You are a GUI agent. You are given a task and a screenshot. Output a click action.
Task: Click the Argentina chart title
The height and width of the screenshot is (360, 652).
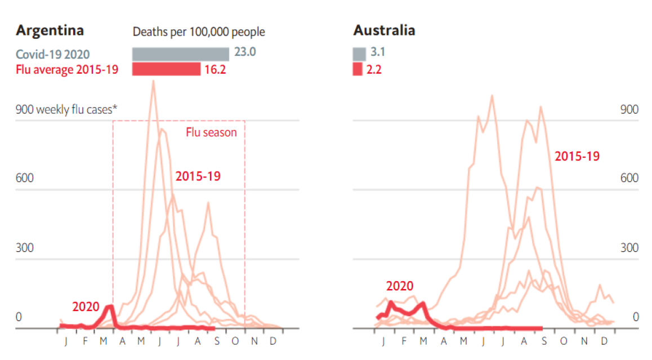point(50,30)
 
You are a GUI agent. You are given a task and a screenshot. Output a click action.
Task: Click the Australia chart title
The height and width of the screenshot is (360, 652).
point(384,30)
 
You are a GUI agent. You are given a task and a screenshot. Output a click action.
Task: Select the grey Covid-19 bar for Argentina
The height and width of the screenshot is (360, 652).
point(180,54)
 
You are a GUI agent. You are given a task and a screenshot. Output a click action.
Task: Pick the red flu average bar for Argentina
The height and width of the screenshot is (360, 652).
point(166,69)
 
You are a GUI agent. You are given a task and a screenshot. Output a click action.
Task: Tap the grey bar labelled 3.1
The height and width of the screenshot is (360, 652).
point(359,54)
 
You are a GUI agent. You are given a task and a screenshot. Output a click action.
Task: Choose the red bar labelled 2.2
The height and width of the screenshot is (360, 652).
point(358,69)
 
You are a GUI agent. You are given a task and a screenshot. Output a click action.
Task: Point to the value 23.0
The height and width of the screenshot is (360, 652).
point(245,52)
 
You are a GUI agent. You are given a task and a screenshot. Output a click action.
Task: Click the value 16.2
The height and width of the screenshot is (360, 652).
point(215,70)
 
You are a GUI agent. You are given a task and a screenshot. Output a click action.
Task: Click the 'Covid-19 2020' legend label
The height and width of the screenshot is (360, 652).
point(52,54)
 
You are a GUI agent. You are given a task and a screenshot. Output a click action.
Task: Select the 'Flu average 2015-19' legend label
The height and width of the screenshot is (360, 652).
point(66,70)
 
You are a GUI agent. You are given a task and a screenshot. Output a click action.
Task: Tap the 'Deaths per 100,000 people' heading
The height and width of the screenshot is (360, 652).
point(198,32)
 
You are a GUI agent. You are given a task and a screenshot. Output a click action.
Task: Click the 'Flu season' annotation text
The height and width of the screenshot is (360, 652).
point(211,133)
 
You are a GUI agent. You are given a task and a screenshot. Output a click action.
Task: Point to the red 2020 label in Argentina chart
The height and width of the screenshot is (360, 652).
point(86,307)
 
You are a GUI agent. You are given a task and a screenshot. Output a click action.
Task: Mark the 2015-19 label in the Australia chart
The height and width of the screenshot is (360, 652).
point(577,156)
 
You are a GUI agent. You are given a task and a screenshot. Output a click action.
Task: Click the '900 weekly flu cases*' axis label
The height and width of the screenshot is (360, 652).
point(66,109)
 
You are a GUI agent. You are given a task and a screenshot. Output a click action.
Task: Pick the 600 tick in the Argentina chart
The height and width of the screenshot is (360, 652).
point(25,178)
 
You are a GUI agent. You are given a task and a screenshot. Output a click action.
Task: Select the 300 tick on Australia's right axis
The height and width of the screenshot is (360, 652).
point(629,248)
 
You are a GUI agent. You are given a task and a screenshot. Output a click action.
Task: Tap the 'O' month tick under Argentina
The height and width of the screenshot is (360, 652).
point(235,341)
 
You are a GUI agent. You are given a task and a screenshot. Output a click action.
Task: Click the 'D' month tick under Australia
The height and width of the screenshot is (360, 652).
point(604,341)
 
